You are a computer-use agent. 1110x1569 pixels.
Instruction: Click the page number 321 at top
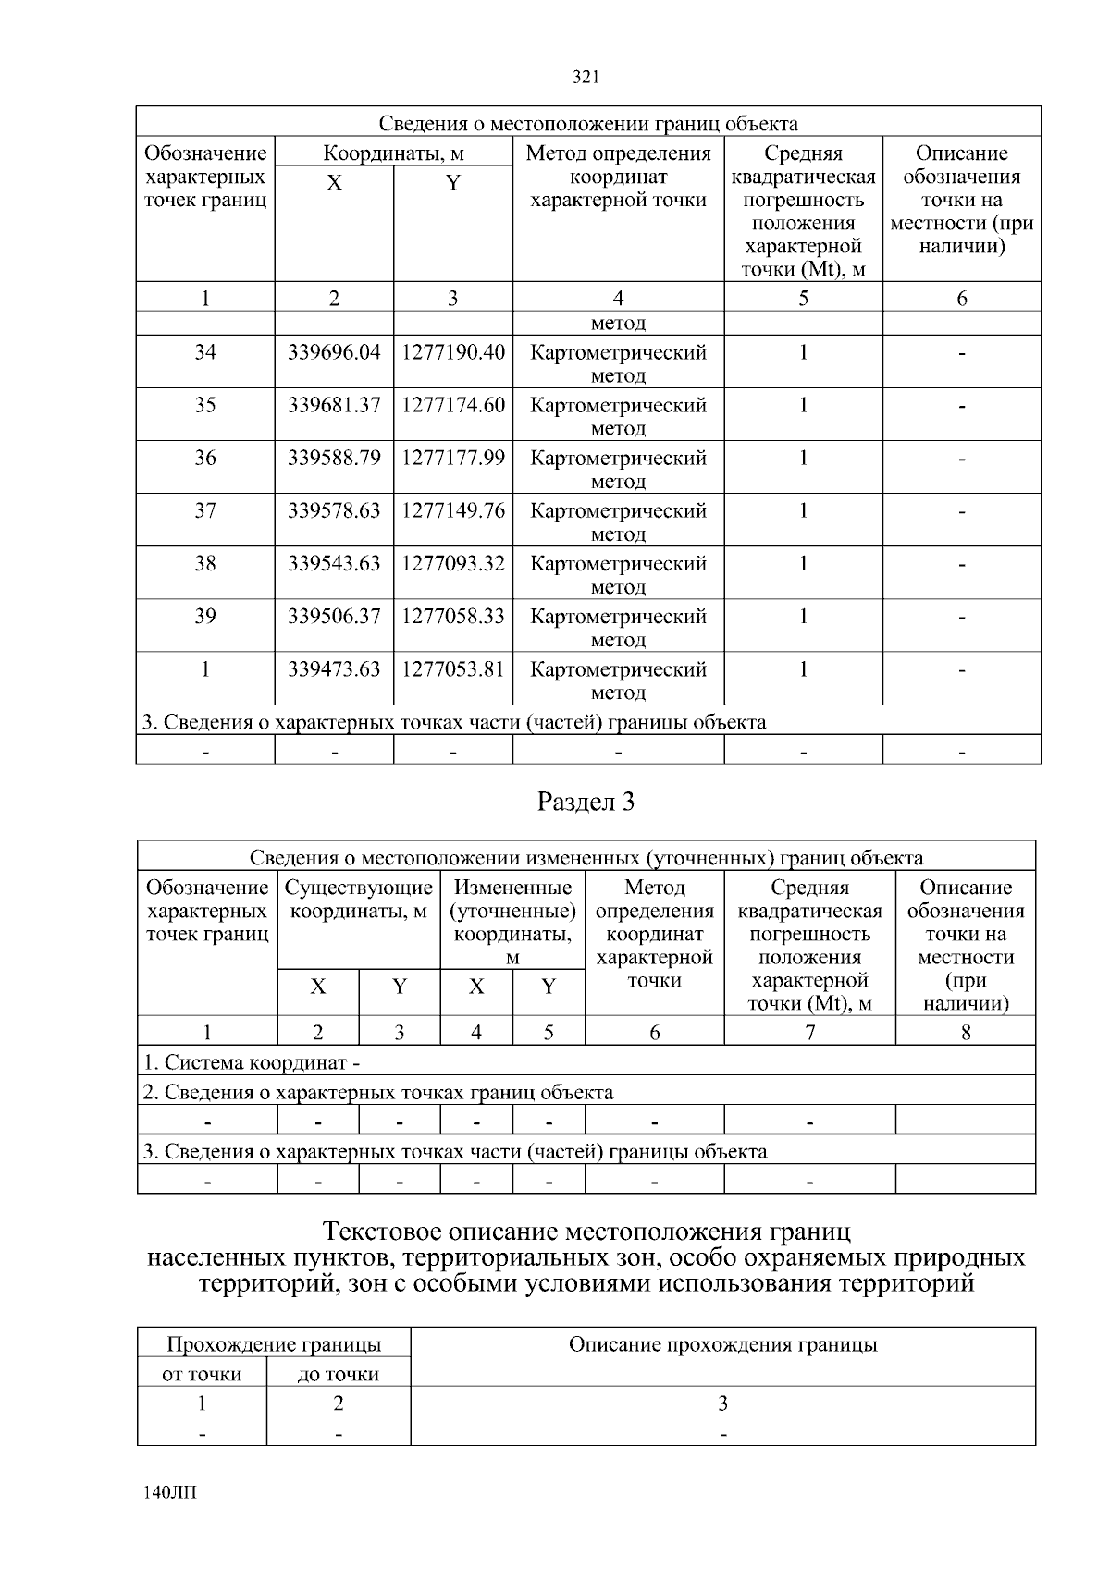point(586,78)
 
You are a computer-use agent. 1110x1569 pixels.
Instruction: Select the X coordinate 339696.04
point(334,352)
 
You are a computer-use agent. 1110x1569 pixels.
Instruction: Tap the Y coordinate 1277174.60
point(453,405)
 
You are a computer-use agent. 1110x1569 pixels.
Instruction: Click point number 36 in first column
point(205,458)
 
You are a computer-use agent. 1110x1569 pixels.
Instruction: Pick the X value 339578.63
point(334,510)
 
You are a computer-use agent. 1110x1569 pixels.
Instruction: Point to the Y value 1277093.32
point(453,563)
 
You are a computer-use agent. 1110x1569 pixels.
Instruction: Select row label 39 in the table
point(205,616)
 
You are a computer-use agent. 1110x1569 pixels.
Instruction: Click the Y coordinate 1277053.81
point(453,668)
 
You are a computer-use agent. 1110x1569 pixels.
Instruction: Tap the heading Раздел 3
point(586,802)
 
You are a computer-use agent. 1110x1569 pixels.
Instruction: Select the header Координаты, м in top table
point(393,153)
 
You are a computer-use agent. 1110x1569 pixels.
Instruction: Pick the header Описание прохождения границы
point(722,1345)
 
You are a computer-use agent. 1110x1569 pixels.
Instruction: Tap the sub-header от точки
point(202,1374)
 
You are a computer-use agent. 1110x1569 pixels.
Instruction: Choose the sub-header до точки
point(339,1374)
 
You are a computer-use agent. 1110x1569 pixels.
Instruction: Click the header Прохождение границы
point(274,1345)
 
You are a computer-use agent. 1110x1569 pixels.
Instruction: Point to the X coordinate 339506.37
point(334,616)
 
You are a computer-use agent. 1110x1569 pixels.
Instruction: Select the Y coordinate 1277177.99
point(453,458)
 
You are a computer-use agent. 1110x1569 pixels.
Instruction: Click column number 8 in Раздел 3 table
point(965,1032)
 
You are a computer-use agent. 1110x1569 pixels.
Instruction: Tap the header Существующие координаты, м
point(359,900)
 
